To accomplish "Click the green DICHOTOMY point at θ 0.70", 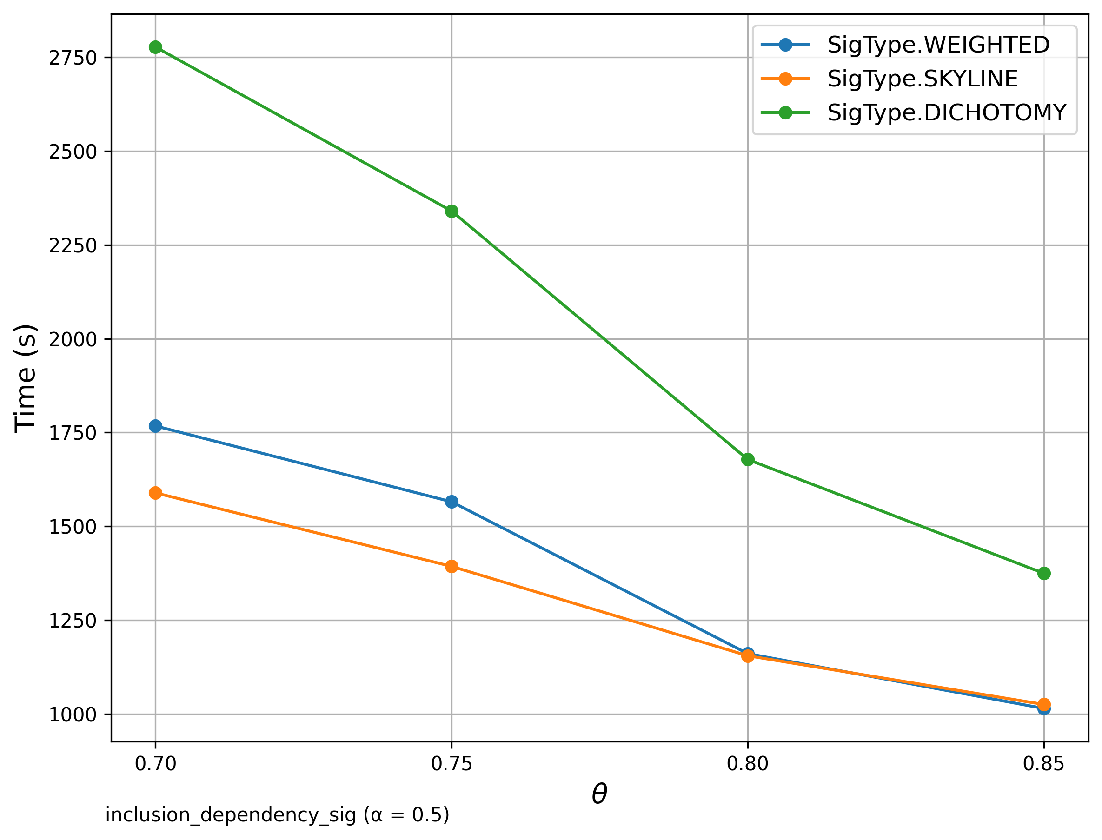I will click(155, 47).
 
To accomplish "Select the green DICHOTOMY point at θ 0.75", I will click(451, 212).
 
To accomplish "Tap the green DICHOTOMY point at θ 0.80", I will click(748, 459).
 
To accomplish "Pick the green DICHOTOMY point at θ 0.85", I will click(1043, 574).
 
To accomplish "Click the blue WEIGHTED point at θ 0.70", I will click(155, 426).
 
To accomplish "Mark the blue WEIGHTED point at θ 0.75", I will click(451, 502).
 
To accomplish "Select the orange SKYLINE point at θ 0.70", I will click(155, 493).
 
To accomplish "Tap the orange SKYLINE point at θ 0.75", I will click(451, 567).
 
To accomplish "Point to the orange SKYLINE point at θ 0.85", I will click(1043, 704).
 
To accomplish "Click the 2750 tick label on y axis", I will click(73, 58).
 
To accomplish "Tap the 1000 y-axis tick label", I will click(73, 715).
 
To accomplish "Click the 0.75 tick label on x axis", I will click(451, 764).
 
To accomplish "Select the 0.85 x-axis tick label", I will click(1043, 764).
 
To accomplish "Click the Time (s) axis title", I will click(25, 378).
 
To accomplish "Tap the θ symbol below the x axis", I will click(599, 794).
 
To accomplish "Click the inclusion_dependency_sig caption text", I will click(278, 815).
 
